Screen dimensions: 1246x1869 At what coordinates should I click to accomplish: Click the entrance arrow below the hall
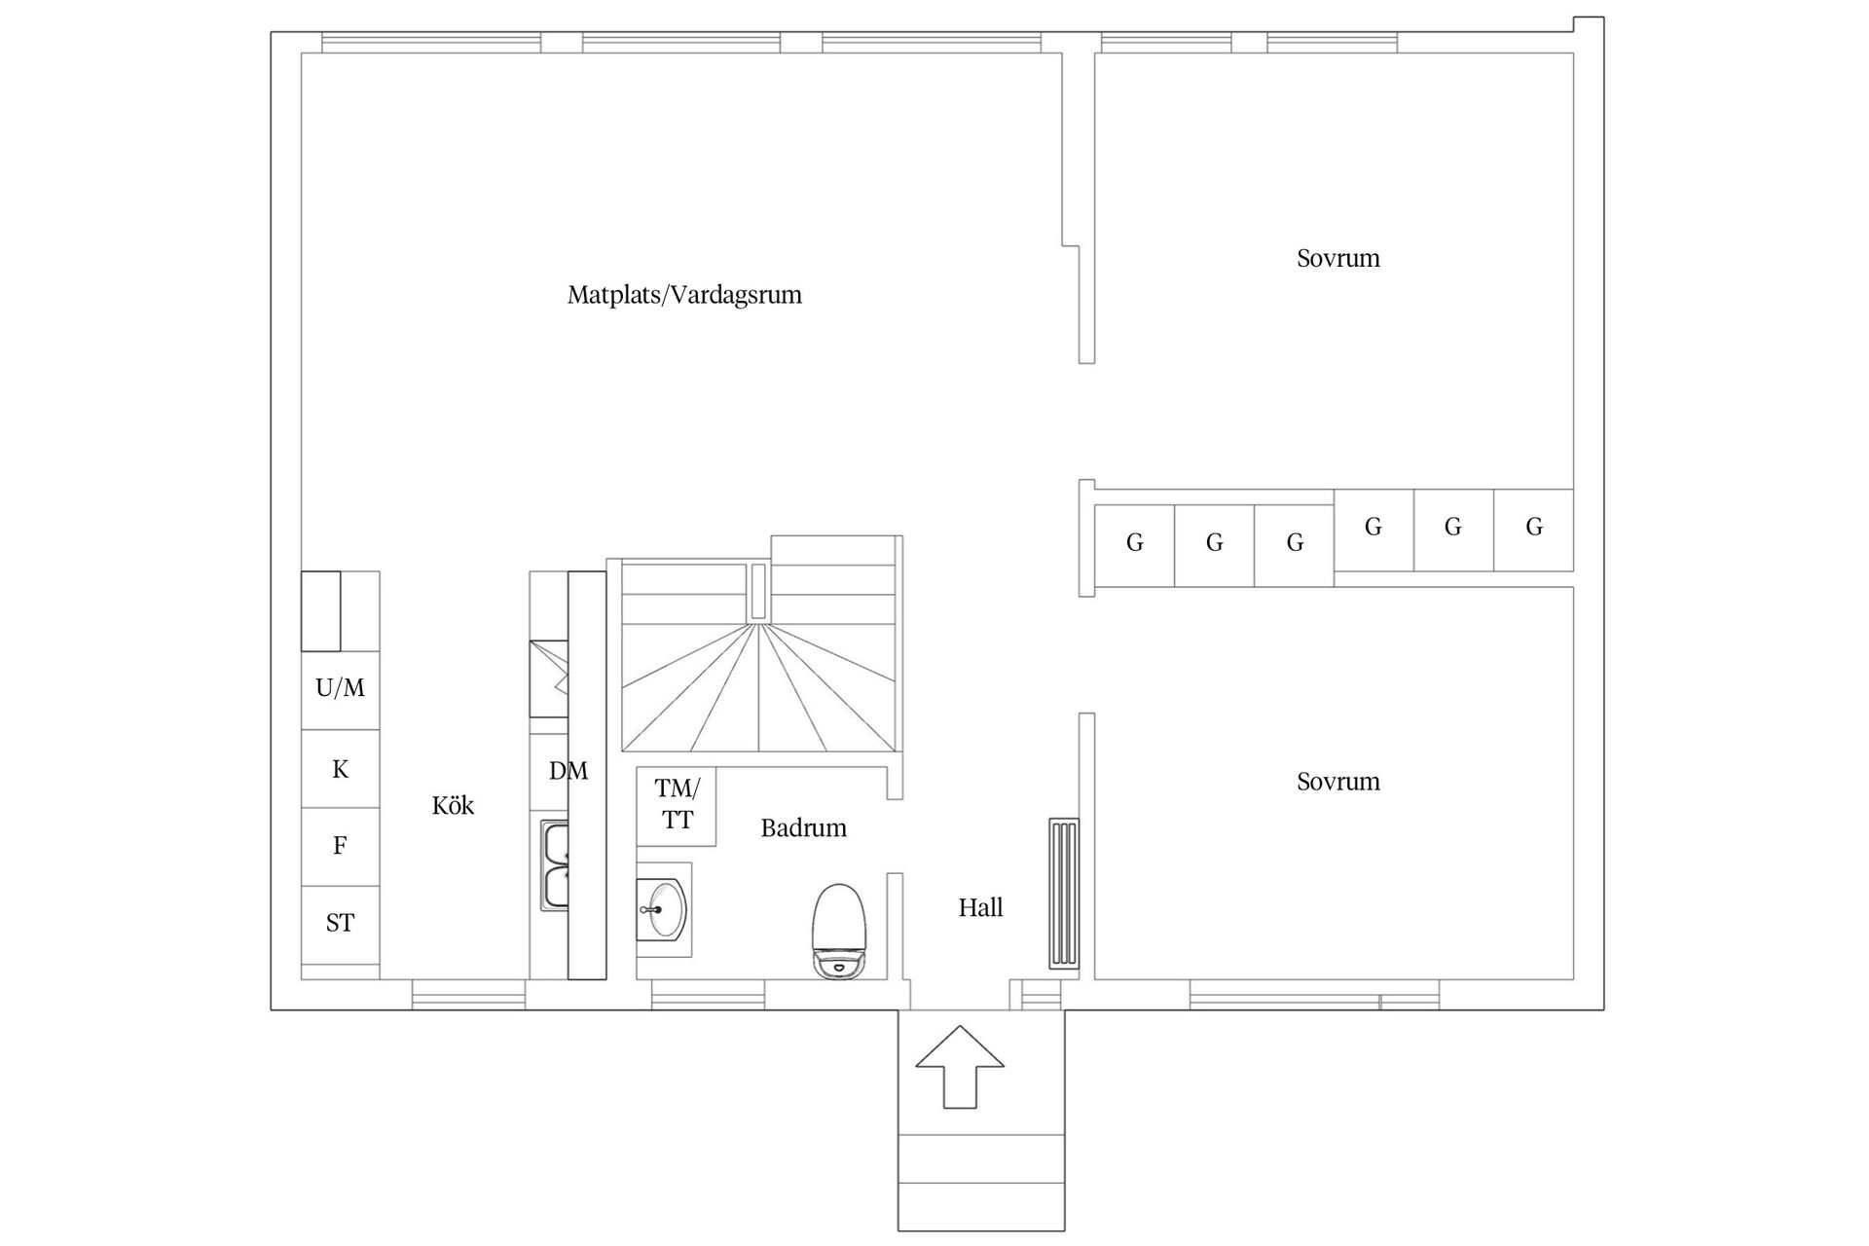point(960,1066)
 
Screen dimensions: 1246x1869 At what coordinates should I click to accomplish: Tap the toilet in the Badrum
point(839,930)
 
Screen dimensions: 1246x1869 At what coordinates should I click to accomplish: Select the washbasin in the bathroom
point(663,909)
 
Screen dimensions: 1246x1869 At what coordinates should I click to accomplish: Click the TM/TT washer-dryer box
point(677,805)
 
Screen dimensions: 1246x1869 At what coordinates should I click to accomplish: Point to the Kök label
point(453,806)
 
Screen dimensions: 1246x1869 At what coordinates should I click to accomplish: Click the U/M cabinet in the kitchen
point(340,689)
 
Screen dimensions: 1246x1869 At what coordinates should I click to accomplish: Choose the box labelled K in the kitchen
point(340,769)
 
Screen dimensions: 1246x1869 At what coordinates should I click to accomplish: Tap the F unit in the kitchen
point(340,846)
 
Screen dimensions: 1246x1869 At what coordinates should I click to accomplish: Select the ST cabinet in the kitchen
point(340,923)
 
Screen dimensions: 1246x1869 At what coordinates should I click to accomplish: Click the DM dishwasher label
point(568,772)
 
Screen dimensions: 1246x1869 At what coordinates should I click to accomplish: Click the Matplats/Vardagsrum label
point(684,295)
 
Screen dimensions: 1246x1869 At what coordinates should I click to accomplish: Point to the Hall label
point(980,908)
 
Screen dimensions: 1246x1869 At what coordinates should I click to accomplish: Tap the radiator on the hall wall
point(1064,894)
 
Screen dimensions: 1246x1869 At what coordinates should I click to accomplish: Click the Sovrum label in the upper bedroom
point(1338,259)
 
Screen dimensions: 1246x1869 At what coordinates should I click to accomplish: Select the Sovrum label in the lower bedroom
point(1338,782)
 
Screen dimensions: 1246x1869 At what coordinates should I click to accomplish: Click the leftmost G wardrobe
point(1134,544)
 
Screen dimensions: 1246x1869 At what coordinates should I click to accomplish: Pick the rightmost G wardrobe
point(1533,529)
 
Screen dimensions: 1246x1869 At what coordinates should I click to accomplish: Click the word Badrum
point(803,828)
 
